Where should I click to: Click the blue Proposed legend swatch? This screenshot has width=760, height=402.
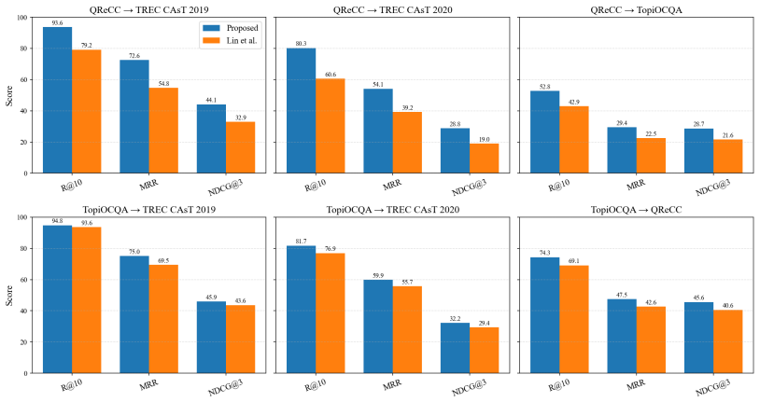(x=211, y=28)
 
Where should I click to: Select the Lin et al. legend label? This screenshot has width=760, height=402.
(x=242, y=41)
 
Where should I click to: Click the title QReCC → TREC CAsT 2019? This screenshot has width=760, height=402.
(x=149, y=9)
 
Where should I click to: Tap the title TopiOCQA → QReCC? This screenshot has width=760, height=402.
(x=636, y=210)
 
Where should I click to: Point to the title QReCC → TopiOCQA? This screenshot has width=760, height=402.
(x=636, y=9)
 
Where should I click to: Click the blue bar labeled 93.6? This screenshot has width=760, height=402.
(x=58, y=100)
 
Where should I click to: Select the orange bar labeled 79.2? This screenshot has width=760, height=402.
(x=87, y=111)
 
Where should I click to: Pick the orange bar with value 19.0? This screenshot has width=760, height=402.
(x=485, y=159)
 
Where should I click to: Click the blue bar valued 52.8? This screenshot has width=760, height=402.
(x=545, y=132)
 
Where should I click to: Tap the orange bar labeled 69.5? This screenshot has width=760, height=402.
(x=163, y=319)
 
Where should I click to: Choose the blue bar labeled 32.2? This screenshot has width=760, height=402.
(x=455, y=348)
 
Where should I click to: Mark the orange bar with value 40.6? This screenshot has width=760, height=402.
(x=728, y=341)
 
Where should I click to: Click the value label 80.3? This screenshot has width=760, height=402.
(x=301, y=44)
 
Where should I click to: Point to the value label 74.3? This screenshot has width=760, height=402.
(x=545, y=253)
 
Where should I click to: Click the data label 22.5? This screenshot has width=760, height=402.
(x=651, y=133)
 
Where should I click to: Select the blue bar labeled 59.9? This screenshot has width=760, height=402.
(x=378, y=326)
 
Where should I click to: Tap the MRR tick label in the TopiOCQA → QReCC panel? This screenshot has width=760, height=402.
(x=636, y=385)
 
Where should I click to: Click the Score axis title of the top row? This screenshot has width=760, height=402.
(x=9, y=95)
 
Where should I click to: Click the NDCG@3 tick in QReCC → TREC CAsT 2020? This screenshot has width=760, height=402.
(x=469, y=187)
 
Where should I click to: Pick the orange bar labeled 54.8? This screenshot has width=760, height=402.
(x=163, y=131)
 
